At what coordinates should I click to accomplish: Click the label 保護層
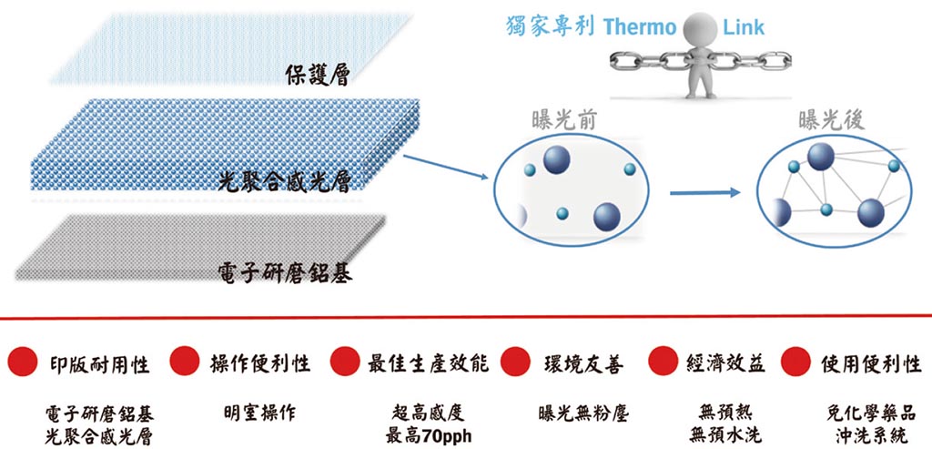click(x=316, y=74)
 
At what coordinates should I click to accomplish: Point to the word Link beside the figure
click(x=745, y=26)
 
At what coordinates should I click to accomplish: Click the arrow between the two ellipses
click(x=703, y=192)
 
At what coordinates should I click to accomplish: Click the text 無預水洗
click(x=726, y=435)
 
